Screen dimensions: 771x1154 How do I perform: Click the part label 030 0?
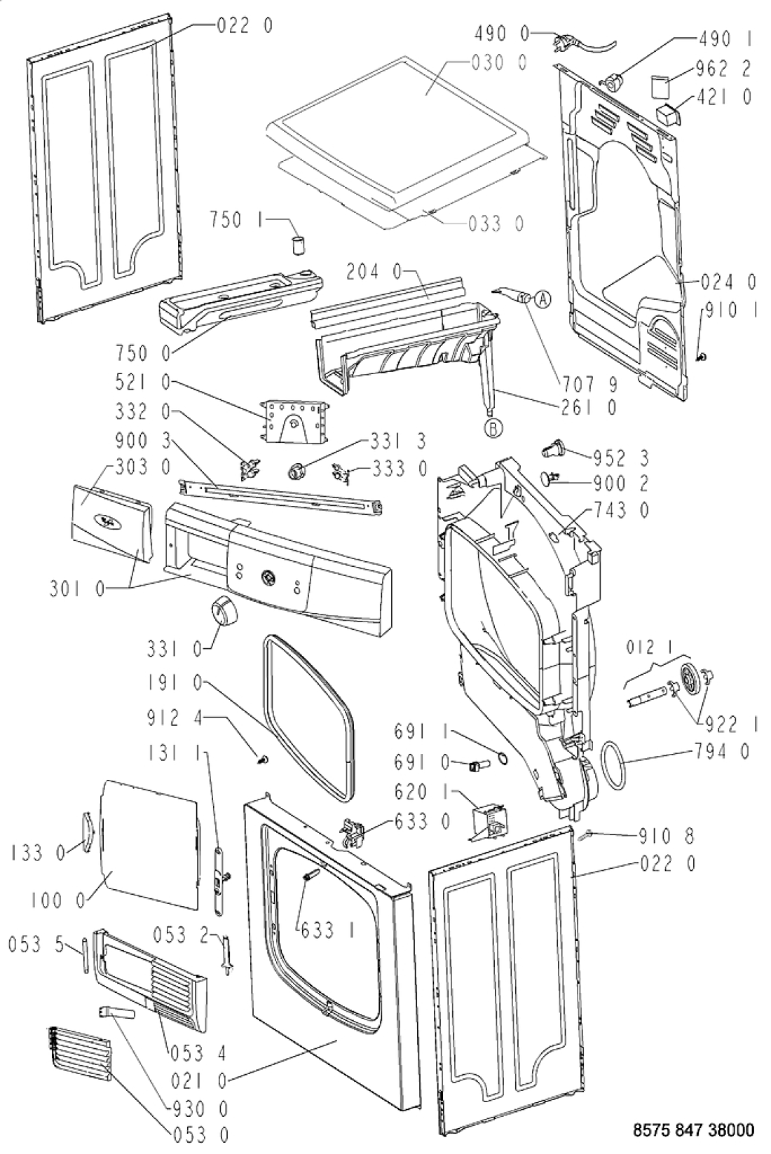(x=499, y=63)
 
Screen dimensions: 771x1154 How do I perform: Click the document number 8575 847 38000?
(x=694, y=1129)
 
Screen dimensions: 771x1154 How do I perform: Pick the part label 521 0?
(x=143, y=383)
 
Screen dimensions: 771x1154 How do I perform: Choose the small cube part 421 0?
(x=669, y=113)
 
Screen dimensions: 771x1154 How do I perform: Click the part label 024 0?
(x=729, y=282)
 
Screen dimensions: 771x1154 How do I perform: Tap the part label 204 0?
(x=374, y=272)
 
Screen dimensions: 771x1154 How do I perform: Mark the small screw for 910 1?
(x=702, y=355)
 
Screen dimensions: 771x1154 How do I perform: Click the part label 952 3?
(x=621, y=458)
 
